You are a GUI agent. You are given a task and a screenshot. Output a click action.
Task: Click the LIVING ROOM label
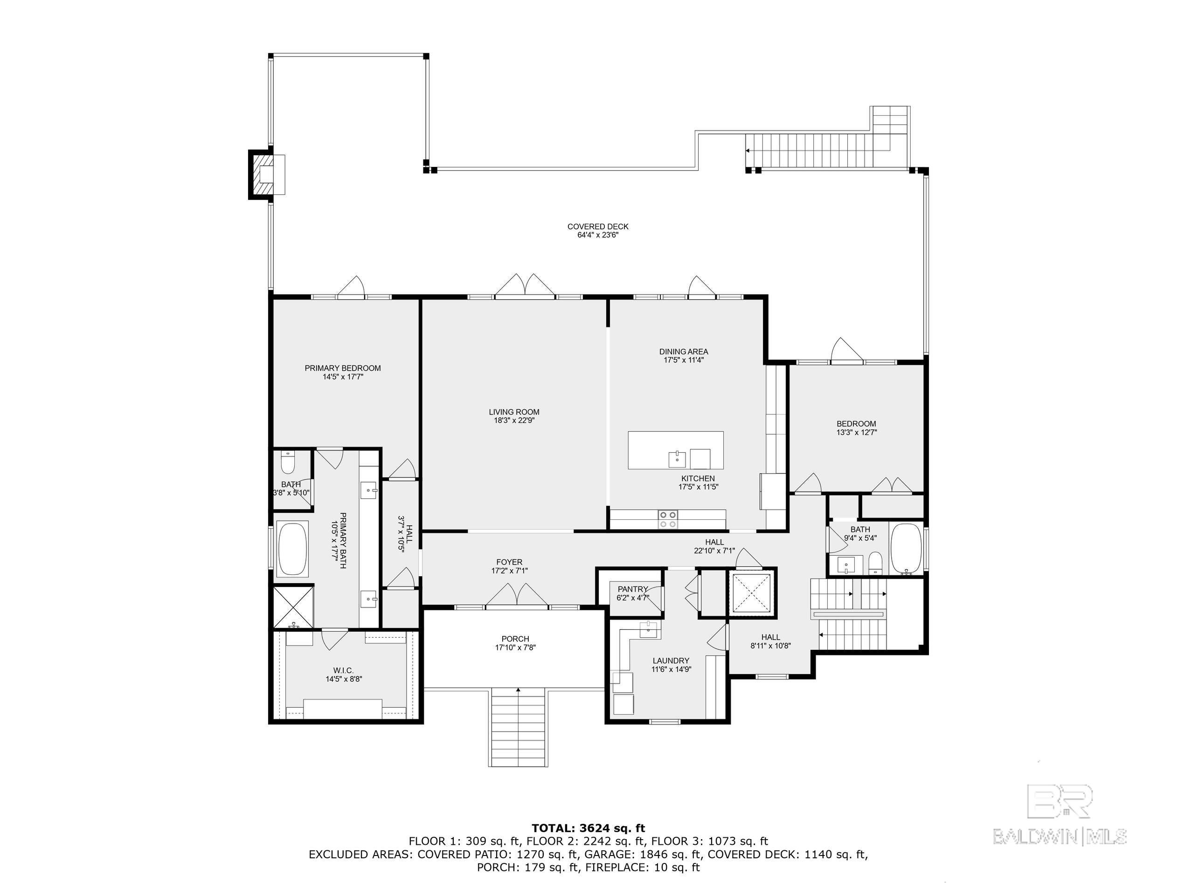coord(513,412)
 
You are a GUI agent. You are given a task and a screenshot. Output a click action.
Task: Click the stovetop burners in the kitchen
coord(668,519)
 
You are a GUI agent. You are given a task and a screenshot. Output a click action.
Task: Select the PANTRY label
coord(632,589)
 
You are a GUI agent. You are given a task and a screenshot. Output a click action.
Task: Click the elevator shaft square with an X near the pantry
coord(751,591)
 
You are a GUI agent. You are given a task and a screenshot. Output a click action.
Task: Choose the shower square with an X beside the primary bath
coord(293,607)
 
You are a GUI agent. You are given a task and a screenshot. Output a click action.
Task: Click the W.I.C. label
coord(343,670)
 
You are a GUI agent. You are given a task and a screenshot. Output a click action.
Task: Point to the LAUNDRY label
coord(671,661)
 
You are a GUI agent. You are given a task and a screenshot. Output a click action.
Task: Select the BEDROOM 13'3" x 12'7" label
coord(856,424)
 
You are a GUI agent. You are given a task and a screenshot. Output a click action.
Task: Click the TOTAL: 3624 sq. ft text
coord(588,828)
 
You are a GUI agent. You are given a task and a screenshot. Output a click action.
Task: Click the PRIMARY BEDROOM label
coord(342,368)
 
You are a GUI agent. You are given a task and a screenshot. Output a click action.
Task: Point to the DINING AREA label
coord(683,352)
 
